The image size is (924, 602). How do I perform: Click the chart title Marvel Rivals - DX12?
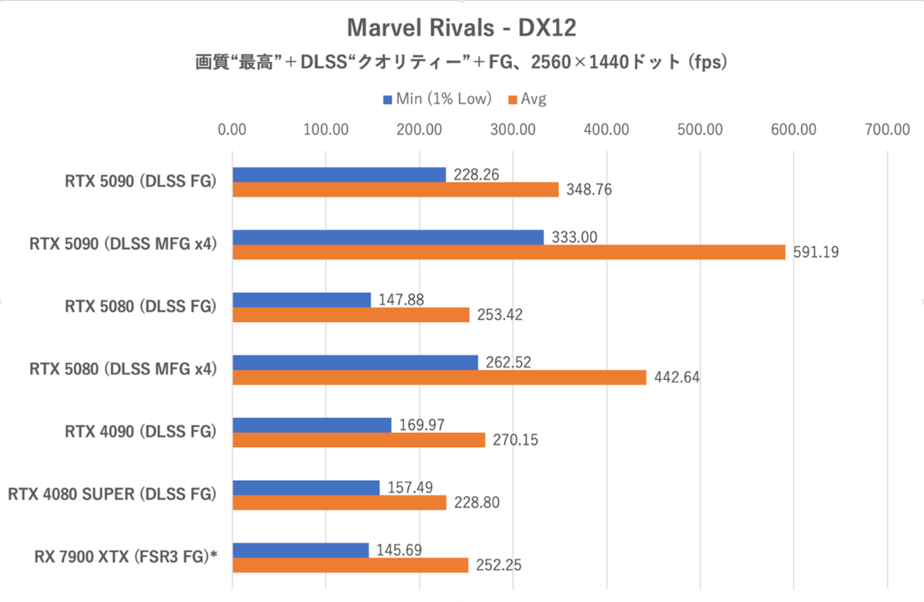pyautogui.click(x=462, y=29)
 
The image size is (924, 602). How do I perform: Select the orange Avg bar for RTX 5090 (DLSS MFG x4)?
pyautogui.click(x=508, y=252)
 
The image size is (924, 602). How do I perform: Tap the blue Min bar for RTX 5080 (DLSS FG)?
pyautogui.click(x=301, y=300)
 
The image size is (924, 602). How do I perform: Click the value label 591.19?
pyautogui.click(x=815, y=252)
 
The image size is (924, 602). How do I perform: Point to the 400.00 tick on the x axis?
pyautogui.click(x=606, y=129)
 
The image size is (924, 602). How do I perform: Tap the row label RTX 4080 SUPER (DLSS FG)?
pyautogui.click(x=112, y=494)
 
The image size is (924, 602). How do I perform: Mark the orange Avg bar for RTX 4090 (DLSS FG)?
pyautogui.click(x=358, y=440)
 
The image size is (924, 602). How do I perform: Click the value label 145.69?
pyautogui.click(x=400, y=550)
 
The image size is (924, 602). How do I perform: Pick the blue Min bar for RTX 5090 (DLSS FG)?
pyautogui.click(x=339, y=175)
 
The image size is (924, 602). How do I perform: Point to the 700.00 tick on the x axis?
pyautogui.click(x=887, y=129)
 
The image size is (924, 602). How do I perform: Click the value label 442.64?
pyautogui.click(x=677, y=378)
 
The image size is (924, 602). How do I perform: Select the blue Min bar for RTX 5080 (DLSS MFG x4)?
pyautogui.click(x=355, y=362)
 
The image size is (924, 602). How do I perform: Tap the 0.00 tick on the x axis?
pyautogui.click(x=232, y=129)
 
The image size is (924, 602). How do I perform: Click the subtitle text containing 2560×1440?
pyautogui.click(x=461, y=63)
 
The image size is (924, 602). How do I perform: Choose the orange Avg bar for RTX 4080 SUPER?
pyautogui.click(x=339, y=503)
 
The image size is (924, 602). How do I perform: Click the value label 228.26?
pyautogui.click(x=477, y=175)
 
